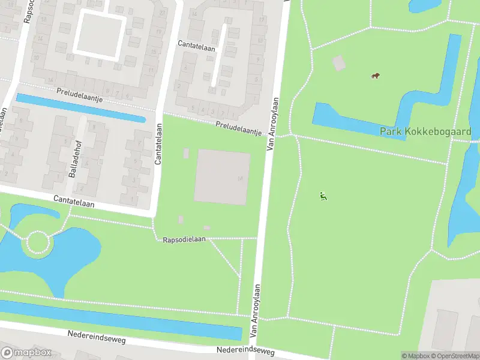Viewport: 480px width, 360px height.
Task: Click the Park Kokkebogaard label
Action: pos(425,131)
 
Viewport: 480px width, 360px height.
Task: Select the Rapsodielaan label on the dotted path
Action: pos(184,239)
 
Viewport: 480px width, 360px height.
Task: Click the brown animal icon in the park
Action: pos(375,76)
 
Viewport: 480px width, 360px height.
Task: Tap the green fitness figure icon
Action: pos(323,195)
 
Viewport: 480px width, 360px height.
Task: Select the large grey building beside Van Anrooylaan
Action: pos(222,177)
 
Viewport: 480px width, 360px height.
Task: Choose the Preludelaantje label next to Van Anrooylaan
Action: pos(239,127)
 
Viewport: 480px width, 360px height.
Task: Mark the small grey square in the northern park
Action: pos(339,62)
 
